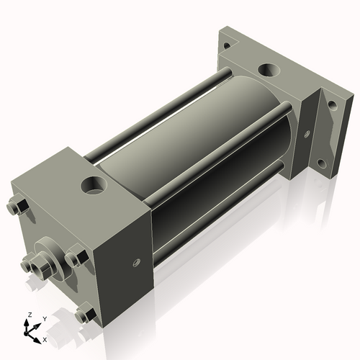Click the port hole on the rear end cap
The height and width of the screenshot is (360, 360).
268,71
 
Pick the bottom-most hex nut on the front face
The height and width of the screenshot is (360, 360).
85,315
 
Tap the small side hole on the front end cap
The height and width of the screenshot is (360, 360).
135,263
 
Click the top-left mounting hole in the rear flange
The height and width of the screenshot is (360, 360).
228,44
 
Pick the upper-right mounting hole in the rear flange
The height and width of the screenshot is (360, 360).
332,104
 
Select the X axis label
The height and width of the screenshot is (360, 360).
45,338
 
